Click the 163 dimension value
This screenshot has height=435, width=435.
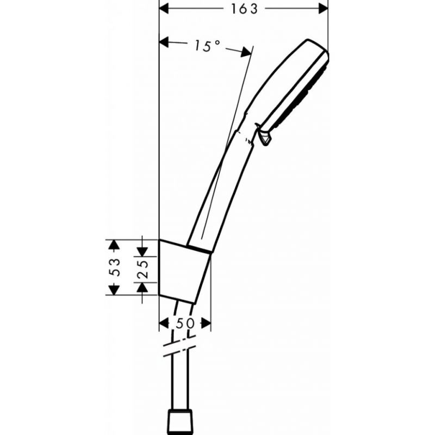[x=244, y=9]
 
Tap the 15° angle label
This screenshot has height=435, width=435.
[x=207, y=46]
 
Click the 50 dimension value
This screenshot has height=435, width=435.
[x=185, y=323]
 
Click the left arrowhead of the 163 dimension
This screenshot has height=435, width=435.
[x=164, y=9]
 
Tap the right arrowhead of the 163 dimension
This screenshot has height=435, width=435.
[x=323, y=9]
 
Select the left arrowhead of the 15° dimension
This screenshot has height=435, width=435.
[x=164, y=42]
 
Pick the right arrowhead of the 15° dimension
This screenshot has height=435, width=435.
[x=246, y=52]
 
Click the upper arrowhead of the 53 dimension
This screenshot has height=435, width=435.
[x=114, y=245]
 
